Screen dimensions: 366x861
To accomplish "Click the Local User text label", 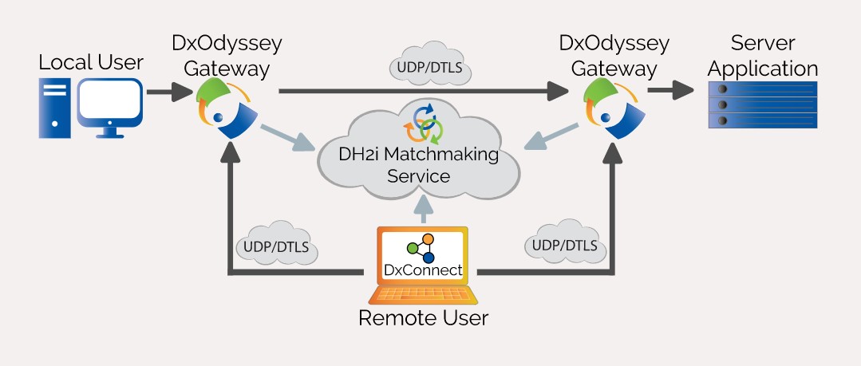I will tap(90, 62).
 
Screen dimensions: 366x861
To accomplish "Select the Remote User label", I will tap(423, 319).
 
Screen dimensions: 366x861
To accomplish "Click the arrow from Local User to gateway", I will tap(170, 94).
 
